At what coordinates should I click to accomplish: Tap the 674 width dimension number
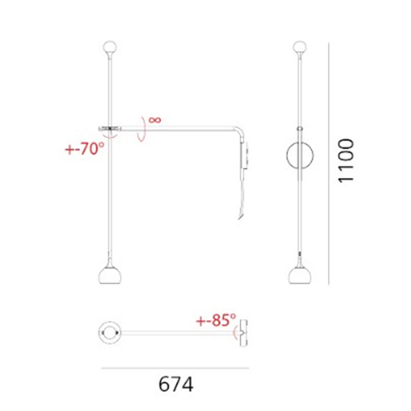coord(176,384)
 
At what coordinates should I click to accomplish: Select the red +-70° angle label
coord(85,149)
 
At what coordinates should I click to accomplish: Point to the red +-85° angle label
coord(215,322)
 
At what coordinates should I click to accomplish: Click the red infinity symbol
coord(154,119)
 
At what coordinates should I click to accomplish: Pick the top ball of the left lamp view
coord(110,49)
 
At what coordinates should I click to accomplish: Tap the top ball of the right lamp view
coord(300,48)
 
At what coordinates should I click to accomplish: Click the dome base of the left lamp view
coord(110,274)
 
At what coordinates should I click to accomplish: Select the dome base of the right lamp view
coord(300,274)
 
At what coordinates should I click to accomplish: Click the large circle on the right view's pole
coord(300,157)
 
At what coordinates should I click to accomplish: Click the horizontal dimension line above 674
coord(175,368)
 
